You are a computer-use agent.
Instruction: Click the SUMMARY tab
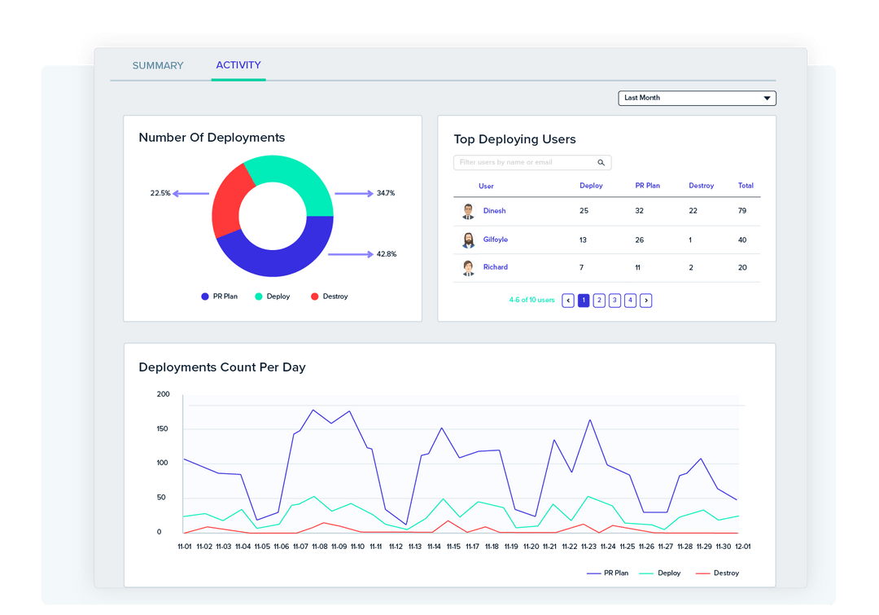pyautogui.click(x=158, y=66)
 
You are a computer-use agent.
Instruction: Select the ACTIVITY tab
pyautogui.click(x=238, y=65)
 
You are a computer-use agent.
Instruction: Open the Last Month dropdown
pyautogui.click(x=697, y=99)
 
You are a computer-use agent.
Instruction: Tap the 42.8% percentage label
pyautogui.click(x=387, y=254)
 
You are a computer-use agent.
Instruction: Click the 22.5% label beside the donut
pyautogui.click(x=160, y=194)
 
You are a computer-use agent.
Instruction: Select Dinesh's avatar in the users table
pyautogui.click(x=468, y=212)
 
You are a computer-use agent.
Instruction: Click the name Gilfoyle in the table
pyautogui.click(x=495, y=239)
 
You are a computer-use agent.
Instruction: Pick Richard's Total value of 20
pyautogui.click(x=742, y=267)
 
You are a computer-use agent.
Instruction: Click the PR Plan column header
pyautogui.click(x=647, y=186)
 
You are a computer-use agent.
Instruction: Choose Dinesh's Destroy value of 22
pyautogui.click(x=693, y=211)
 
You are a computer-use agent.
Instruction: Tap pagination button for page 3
pyautogui.click(x=614, y=301)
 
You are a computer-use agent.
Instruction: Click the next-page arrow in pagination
pyautogui.click(x=645, y=301)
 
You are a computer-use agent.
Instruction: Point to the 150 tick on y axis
pyautogui.click(x=163, y=429)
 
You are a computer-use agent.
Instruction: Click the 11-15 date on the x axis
pyautogui.click(x=453, y=547)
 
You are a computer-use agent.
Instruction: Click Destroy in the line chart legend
pyautogui.click(x=726, y=573)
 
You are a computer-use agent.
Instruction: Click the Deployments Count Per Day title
pyautogui.click(x=222, y=367)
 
